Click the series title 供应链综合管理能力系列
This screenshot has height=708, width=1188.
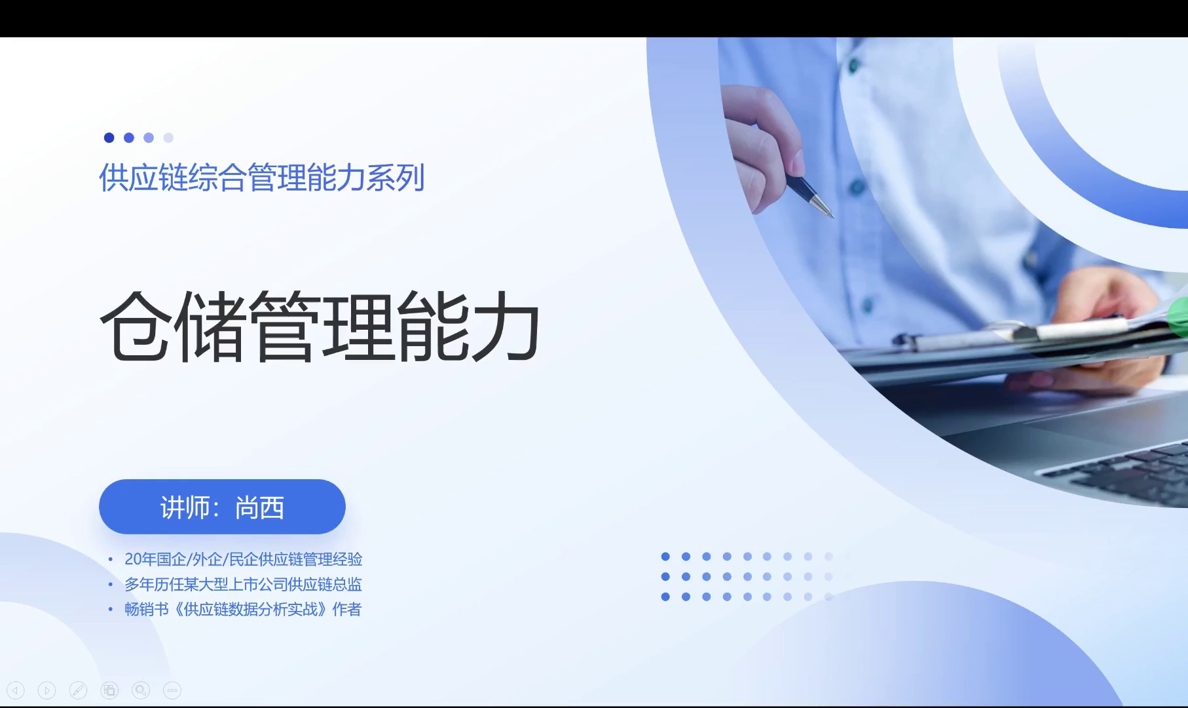[262, 178]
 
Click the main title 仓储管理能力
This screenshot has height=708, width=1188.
[320, 326]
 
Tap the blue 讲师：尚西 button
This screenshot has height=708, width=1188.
[222, 507]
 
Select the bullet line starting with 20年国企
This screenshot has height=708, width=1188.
[243, 559]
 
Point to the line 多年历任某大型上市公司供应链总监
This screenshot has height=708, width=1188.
[243, 584]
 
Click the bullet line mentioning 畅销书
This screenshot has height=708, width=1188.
[242, 609]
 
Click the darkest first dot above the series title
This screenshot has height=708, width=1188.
[109, 138]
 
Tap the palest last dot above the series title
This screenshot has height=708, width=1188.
[168, 138]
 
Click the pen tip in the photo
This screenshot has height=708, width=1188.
[830, 215]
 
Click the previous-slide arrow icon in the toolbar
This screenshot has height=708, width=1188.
[15, 690]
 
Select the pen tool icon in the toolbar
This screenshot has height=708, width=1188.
[78, 690]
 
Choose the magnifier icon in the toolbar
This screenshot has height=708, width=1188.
[141, 690]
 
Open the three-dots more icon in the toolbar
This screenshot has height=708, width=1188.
[172, 690]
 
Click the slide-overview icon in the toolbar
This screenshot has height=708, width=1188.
[109, 690]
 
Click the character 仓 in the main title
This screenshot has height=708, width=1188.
[136, 326]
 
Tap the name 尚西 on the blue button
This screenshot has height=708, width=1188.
[259, 507]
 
